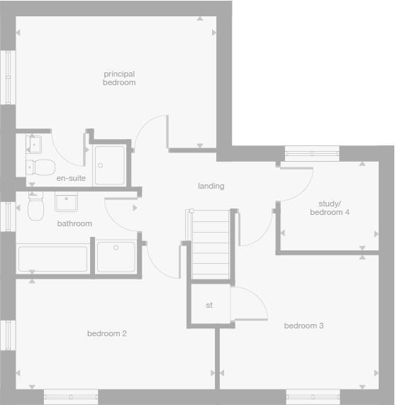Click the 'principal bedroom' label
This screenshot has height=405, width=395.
click(x=118, y=78)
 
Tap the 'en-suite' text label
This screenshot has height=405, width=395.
click(x=71, y=178)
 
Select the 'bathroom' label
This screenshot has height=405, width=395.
click(x=74, y=223)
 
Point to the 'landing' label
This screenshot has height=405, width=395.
click(x=211, y=186)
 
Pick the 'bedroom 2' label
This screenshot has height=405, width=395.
click(x=106, y=333)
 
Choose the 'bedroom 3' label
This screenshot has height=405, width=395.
click(x=304, y=326)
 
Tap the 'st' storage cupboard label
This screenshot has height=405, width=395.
click(x=209, y=305)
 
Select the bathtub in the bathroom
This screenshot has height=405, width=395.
click(x=52, y=258)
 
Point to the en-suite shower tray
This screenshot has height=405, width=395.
click(x=109, y=165)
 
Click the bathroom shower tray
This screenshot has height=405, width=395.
click(x=116, y=257)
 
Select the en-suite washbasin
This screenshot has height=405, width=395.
click(x=34, y=145)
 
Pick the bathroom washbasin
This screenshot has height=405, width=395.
click(x=67, y=202)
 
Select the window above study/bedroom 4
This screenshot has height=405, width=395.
click(x=312, y=151)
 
